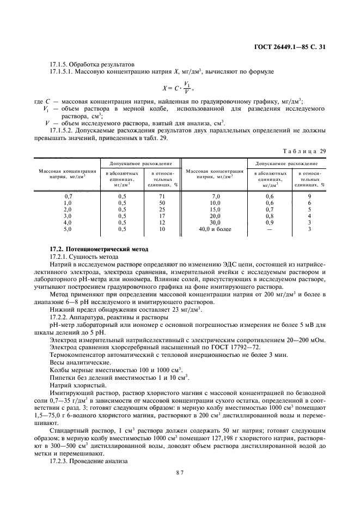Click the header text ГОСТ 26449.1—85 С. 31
[295, 47]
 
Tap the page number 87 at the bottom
[180, 472]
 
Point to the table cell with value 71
[162, 196]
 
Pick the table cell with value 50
[162, 202]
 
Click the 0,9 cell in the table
[270, 222]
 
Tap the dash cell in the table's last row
[270, 229]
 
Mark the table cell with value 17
[162, 216]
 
